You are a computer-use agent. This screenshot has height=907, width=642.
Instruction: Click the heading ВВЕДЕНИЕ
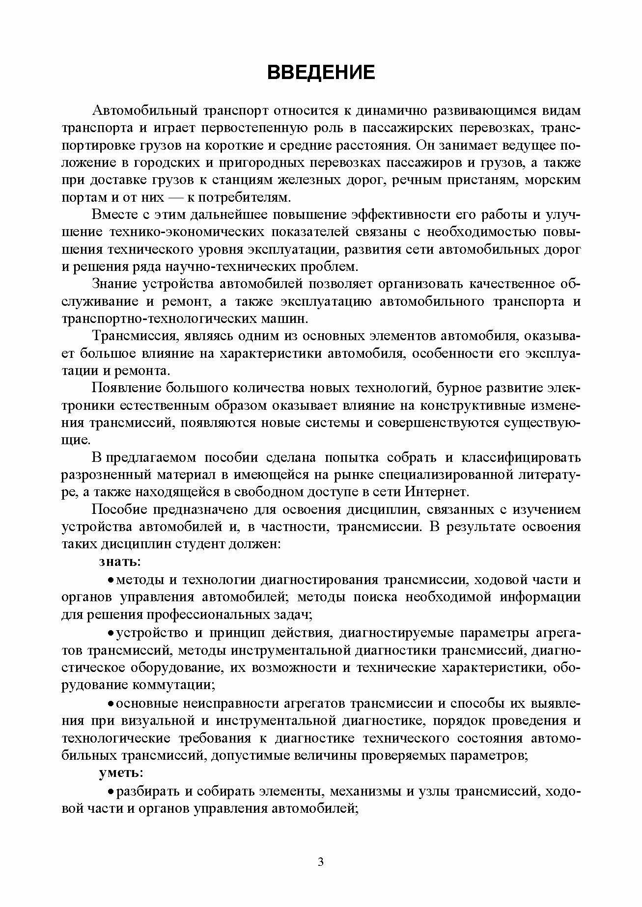coord(321,72)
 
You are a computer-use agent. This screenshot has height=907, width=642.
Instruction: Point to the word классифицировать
coord(521,457)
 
